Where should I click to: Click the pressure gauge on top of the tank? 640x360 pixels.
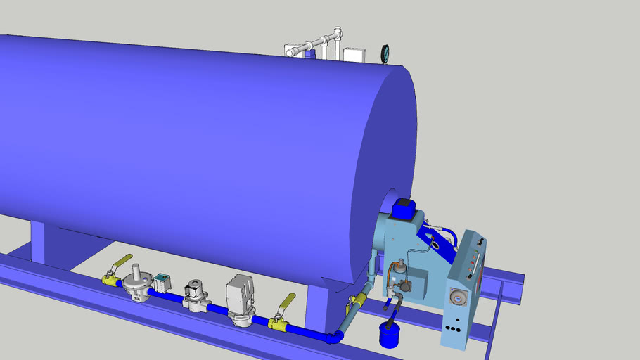pos(385,53)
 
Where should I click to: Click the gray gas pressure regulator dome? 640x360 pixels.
pos(139,278)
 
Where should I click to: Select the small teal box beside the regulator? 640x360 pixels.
pos(162,281)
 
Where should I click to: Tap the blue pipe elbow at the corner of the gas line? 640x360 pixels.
pos(334,337)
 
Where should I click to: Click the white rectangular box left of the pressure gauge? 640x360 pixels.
pos(352,53)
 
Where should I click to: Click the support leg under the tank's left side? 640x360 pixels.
pos(47,243)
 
